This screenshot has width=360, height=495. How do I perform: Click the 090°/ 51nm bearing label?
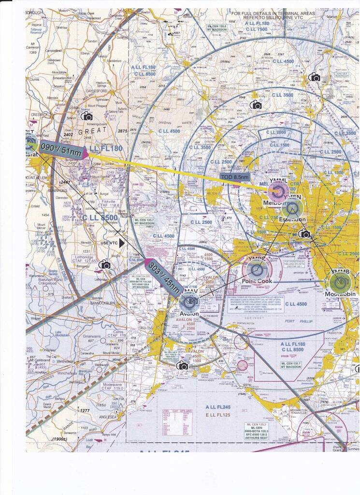(x=61, y=150)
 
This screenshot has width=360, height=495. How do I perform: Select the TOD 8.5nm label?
(x=234, y=177)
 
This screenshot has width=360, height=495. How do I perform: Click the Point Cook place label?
(x=257, y=281)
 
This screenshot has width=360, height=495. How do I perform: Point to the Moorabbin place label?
(x=340, y=294)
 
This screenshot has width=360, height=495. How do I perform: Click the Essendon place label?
(x=292, y=219)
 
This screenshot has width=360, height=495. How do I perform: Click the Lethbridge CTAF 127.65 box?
(x=84, y=259)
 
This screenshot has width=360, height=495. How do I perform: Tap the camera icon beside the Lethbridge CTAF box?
(x=104, y=264)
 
